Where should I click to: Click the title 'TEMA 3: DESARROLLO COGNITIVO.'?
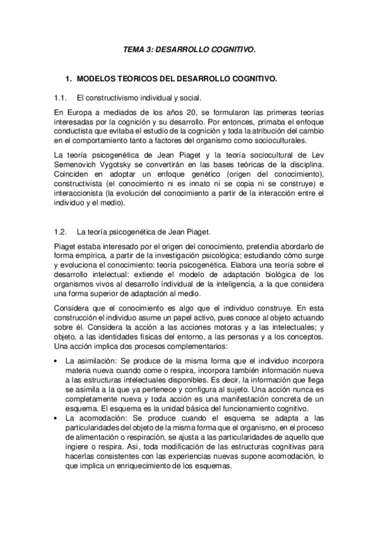(x=188, y=48)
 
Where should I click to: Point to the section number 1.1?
(x=61, y=98)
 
